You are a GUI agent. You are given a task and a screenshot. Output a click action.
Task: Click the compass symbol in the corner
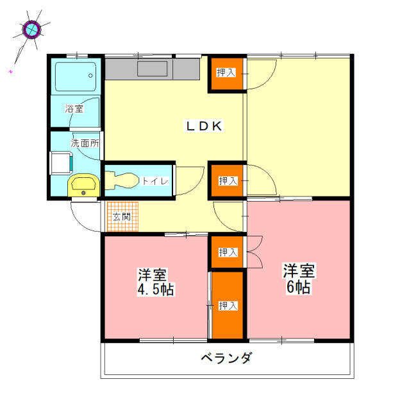click(x=31, y=29)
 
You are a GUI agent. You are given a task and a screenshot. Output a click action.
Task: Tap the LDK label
click(x=204, y=127)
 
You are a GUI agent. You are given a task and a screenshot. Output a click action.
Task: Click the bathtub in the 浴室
click(x=75, y=76)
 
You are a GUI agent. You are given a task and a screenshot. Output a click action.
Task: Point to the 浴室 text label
click(x=74, y=109)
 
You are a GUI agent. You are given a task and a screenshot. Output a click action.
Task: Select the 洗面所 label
click(x=85, y=143)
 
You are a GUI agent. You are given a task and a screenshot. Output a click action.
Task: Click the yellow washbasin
click(x=83, y=186)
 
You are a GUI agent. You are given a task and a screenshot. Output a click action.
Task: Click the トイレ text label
click(x=155, y=181)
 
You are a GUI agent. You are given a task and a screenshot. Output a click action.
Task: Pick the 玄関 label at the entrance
click(x=121, y=216)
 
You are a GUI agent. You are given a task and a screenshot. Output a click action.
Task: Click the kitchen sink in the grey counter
click(x=152, y=69)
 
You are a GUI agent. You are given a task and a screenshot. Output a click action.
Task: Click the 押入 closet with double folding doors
click(x=228, y=252)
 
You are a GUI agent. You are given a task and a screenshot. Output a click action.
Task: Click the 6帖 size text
click(x=299, y=286)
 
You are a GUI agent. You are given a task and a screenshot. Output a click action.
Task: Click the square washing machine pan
click(x=60, y=163)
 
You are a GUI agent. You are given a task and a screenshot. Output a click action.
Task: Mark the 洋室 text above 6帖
click(x=299, y=270)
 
